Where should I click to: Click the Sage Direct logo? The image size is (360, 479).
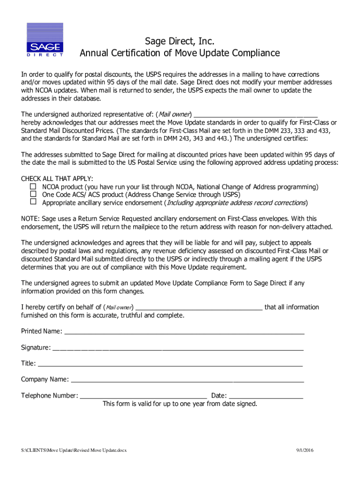coord(44,40)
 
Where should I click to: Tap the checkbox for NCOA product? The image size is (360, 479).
coord(33,187)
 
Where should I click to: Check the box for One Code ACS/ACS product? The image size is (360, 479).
coord(33,194)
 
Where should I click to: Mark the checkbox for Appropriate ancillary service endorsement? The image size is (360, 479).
coord(33,202)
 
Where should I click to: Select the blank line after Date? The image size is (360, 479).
coord(266,397)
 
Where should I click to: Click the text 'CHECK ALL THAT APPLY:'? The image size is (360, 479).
coord(57,179)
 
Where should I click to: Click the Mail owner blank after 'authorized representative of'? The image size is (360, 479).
coord(255,115)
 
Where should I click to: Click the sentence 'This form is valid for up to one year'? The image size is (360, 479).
coord(180,404)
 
